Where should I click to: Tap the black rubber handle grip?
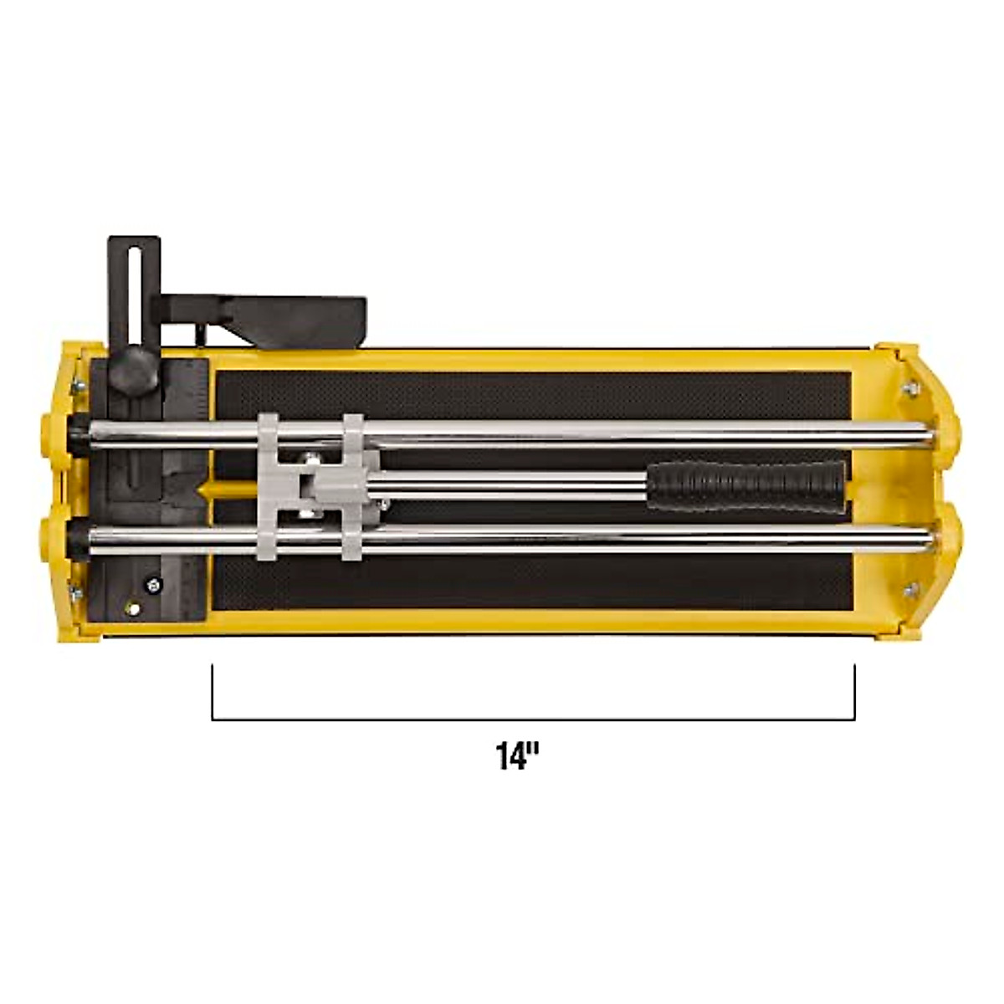coord(745,485)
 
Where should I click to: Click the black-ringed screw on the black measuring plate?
coord(153,585)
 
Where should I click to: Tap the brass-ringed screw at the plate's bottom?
coord(131,608)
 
